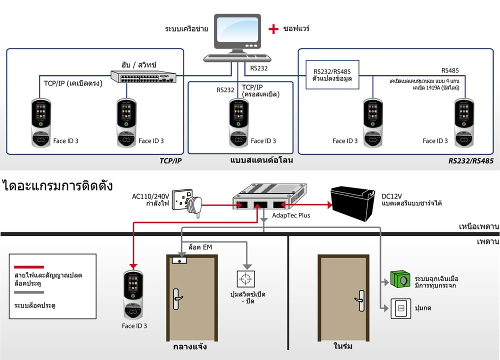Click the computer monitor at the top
coord(237,33)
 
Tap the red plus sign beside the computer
coord(273,29)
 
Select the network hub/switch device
coord(143,76)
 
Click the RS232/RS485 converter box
coord(332,74)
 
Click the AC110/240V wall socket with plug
coord(187,202)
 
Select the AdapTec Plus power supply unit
coord(269,196)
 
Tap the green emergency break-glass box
coord(400,279)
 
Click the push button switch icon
coord(401,308)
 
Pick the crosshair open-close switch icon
coord(245,279)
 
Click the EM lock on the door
coord(179,260)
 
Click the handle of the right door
coord(360,300)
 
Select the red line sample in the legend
coord(29,267)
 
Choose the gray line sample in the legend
coord(29,292)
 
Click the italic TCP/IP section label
coord(170,160)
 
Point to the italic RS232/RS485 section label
coord(470,160)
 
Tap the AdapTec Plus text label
coord(291,215)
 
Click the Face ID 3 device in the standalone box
coord(238,123)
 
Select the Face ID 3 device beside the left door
coord(133,294)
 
